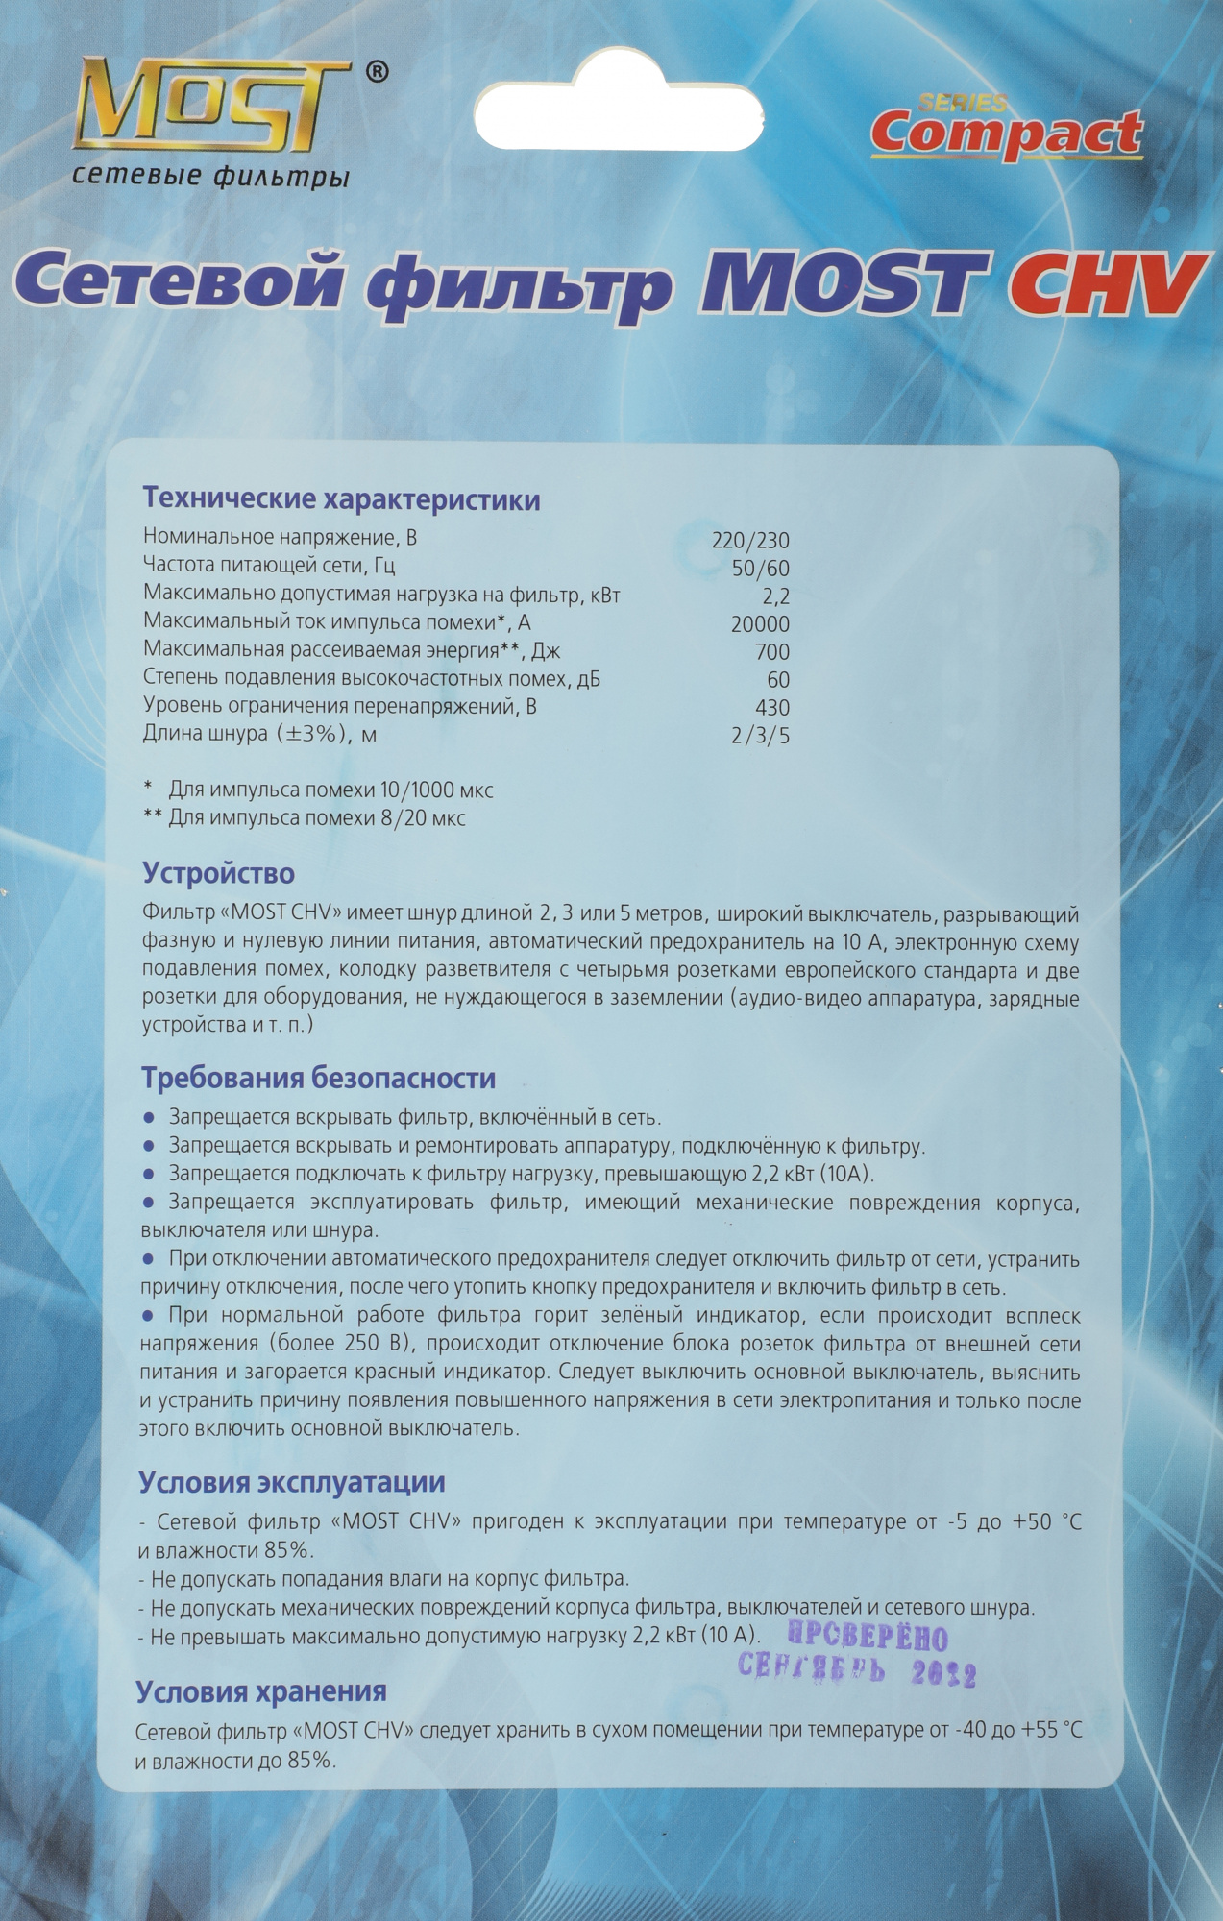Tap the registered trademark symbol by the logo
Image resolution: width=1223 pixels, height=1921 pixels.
379,72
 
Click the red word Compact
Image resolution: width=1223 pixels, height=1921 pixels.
1006,134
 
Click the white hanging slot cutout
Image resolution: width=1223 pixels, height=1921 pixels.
620,112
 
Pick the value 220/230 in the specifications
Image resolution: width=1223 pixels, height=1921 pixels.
750,540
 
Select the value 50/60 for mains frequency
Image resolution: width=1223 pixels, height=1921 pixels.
760,568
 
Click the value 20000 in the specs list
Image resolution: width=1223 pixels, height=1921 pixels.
760,623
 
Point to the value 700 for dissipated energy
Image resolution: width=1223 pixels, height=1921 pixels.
772,651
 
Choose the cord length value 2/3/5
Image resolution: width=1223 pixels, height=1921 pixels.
760,736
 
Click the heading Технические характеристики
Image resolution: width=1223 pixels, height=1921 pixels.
341,499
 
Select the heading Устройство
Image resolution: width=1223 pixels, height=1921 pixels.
218,873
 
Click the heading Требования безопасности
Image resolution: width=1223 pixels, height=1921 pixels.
319,1078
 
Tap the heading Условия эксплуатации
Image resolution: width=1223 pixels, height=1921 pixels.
292,1482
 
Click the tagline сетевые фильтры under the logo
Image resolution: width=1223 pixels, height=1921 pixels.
210,176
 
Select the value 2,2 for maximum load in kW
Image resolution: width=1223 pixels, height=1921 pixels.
775,596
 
